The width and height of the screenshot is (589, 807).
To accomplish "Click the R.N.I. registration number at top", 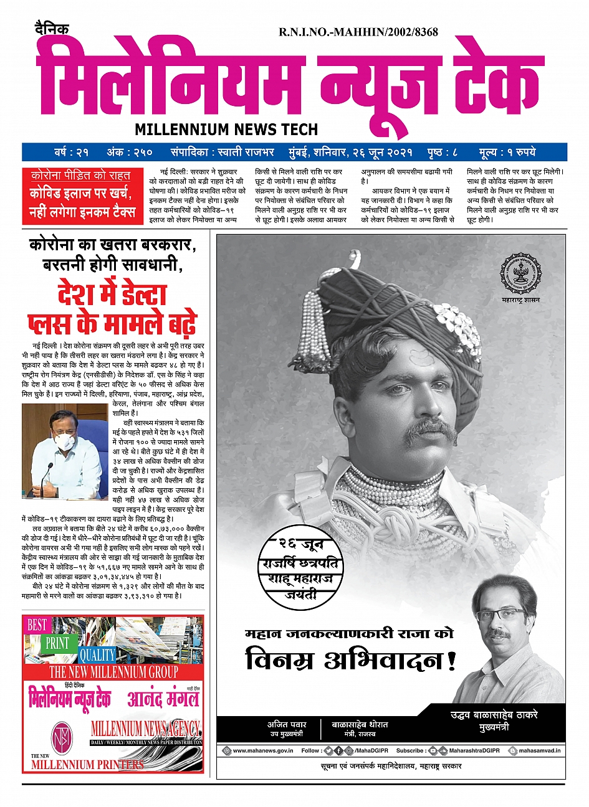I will click(358, 32).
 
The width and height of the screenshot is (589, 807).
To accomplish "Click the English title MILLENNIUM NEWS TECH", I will click(226, 130).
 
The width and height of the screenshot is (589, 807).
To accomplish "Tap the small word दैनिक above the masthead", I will click(52, 29).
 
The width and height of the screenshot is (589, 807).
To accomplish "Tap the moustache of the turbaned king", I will click(429, 429).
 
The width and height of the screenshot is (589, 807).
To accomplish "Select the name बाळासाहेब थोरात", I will click(360, 725).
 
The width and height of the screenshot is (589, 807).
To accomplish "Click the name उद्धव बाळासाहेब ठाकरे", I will click(494, 715).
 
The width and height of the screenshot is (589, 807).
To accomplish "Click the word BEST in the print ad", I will click(37, 625).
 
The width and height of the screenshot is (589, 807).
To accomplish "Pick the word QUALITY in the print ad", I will click(97, 654).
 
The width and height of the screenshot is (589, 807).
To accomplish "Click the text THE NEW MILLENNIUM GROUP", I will click(113, 672).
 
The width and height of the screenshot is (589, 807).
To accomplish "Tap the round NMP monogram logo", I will click(62, 736).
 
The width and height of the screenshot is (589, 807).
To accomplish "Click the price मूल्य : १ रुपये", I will click(507, 152).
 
